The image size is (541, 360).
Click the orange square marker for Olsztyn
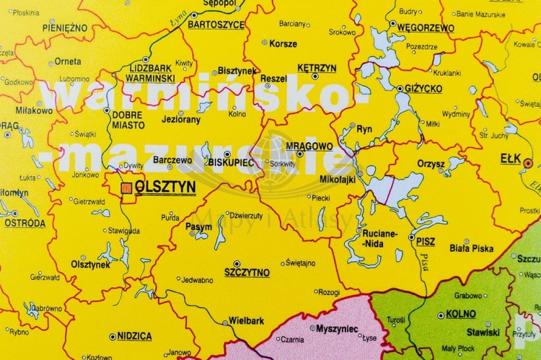tap(126, 187)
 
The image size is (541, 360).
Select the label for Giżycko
tap(423, 88)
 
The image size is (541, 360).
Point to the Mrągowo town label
tap(309, 146)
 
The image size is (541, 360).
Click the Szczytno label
tap(247, 272)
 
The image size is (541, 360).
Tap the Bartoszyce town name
tap(216, 24)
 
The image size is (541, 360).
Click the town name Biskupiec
tap(231, 162)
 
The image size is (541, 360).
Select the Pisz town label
tap(426, 242)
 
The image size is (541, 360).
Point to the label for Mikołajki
tap(337, 179)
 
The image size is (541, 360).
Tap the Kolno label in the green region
tap(461, 314)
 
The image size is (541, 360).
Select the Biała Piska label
tap(471, 248)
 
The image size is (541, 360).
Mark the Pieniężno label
tap(65, 27)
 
